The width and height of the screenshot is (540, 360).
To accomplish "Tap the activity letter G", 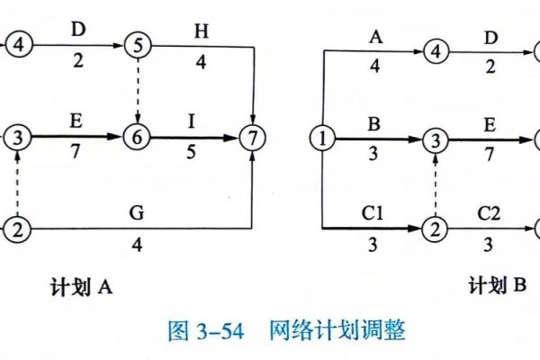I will pos(137,214).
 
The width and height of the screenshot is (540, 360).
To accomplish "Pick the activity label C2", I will pos(489,214).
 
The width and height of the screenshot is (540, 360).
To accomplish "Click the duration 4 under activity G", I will pos(137,245).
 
